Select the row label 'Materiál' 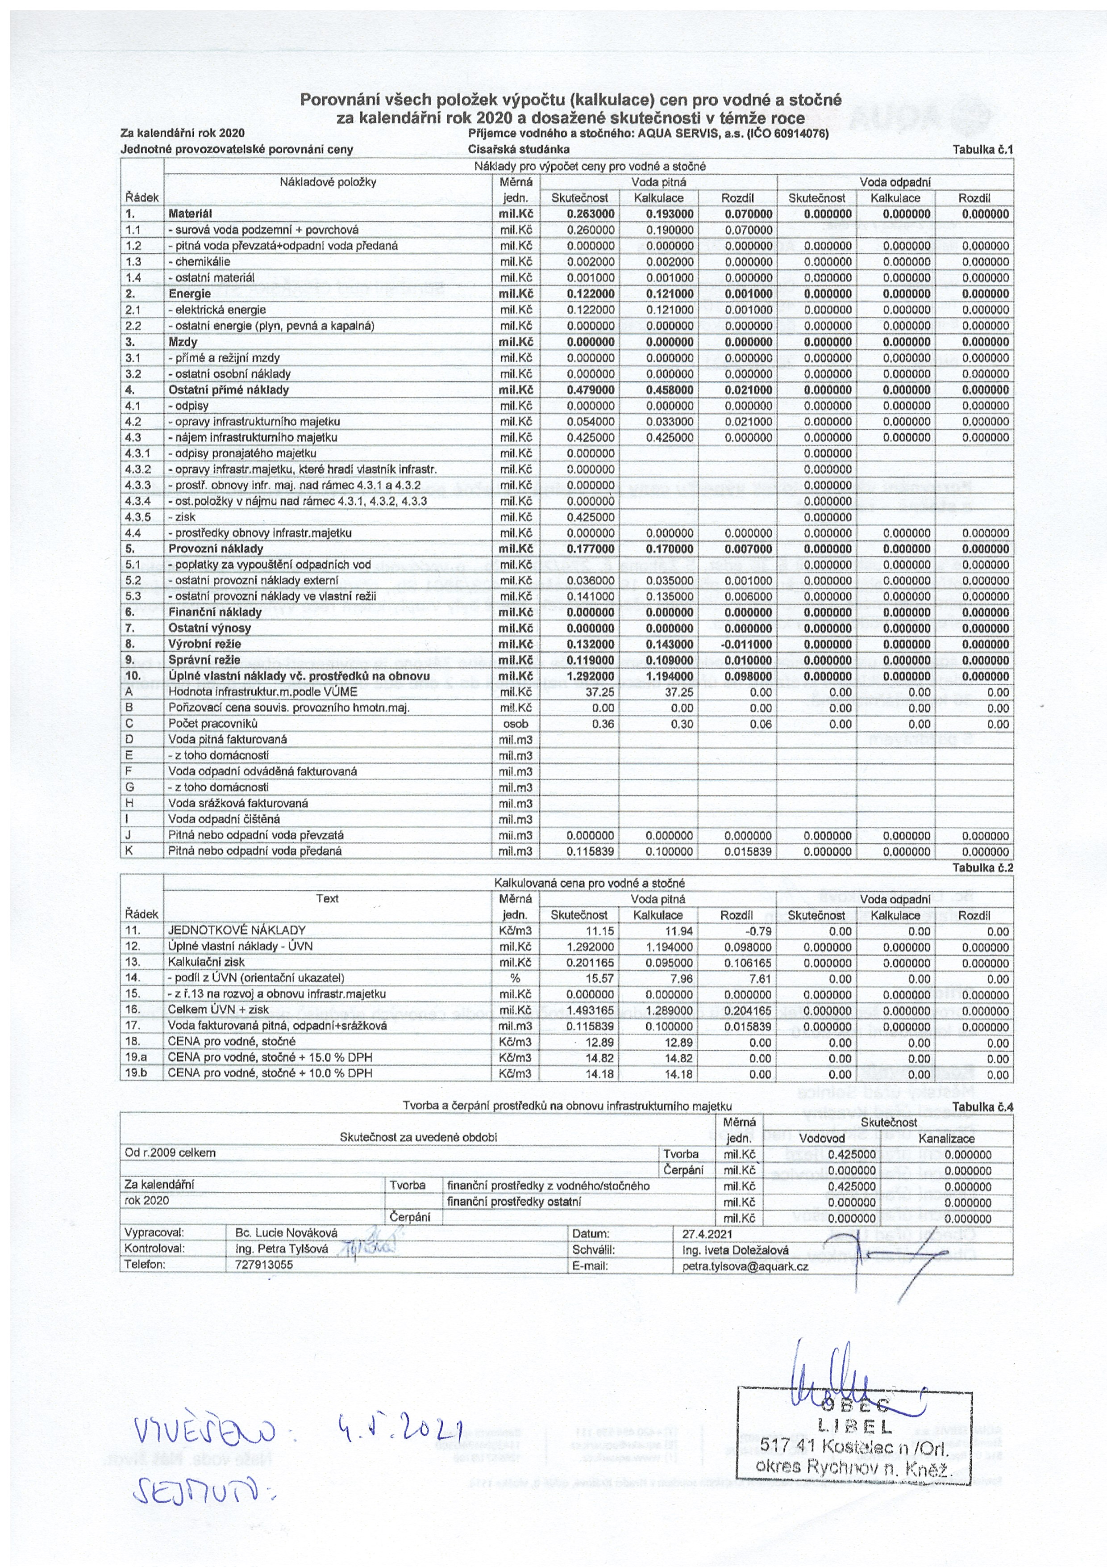coord(190,214)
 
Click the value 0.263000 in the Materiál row coord(591,214)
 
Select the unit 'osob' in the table coord(515,724)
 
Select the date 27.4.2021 coord(707,1234)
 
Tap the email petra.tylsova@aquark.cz coord(745,1266)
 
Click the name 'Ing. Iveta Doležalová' coord(735,1250)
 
